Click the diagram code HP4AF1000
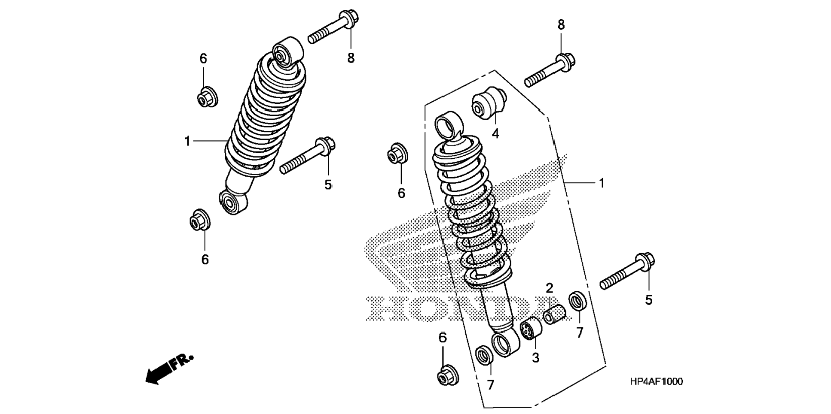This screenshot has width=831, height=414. (x=656, y=381)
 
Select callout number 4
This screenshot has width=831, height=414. (x=495, y=134)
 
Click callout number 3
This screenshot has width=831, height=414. (x=535, y=357)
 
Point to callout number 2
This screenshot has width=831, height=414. (x=550, y=287)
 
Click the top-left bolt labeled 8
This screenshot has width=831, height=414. (x=333, y=27)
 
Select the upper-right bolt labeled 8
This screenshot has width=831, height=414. (x=550, y=70)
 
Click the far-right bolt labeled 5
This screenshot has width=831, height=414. (x=627, y=272)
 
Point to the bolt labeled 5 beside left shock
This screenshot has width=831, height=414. (x=307, y=156)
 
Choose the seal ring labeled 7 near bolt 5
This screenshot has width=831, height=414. (x=577, y=301)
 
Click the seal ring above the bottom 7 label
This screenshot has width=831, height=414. (x=485, y=356)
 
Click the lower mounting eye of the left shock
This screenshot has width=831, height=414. (x=233, y=202)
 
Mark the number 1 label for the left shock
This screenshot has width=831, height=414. (x=187, y=141)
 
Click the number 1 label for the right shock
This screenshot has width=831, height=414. (x=602, y=183)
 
